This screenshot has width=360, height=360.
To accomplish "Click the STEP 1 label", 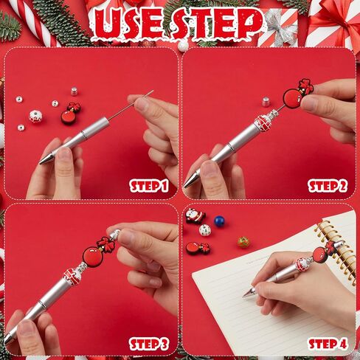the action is pyautogui.click(x=149, y=186).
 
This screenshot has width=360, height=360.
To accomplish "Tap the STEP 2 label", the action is pyautogui.click(x=328, y=186).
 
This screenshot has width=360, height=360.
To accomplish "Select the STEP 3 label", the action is pyautogui.click(x=149, y=344).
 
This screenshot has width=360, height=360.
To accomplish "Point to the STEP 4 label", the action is pyautogui.click(x=328, y=344).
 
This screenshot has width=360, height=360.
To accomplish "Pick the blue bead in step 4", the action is pyautogui.click(x=219, y=221).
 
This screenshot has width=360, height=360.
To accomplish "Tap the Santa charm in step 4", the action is pyautogui.click(x=195, y=216).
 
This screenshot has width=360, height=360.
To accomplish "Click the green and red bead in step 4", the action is pyautogui.click(x=243, y=242).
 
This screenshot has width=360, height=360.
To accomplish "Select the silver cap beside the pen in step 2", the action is pyautogui.click(x=266, y=102).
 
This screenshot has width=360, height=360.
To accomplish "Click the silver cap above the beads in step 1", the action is pyautogui.click(x=75, y=91).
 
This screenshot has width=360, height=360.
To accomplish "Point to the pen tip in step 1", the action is pyautogui.click(x=44, y=160).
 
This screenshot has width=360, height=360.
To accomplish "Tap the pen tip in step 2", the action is pyautogui.click(x=189, y=183).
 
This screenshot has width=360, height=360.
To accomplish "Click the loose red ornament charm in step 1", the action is pyautogui.click(x=71, y=114).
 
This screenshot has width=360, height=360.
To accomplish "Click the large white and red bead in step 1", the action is pyautogui.click(x=35, y=117).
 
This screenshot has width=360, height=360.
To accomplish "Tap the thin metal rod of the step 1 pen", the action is pyautogui.click(x=131, y=105).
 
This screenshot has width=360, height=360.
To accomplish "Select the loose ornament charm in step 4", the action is pyautogui.click(x=198, y=248).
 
